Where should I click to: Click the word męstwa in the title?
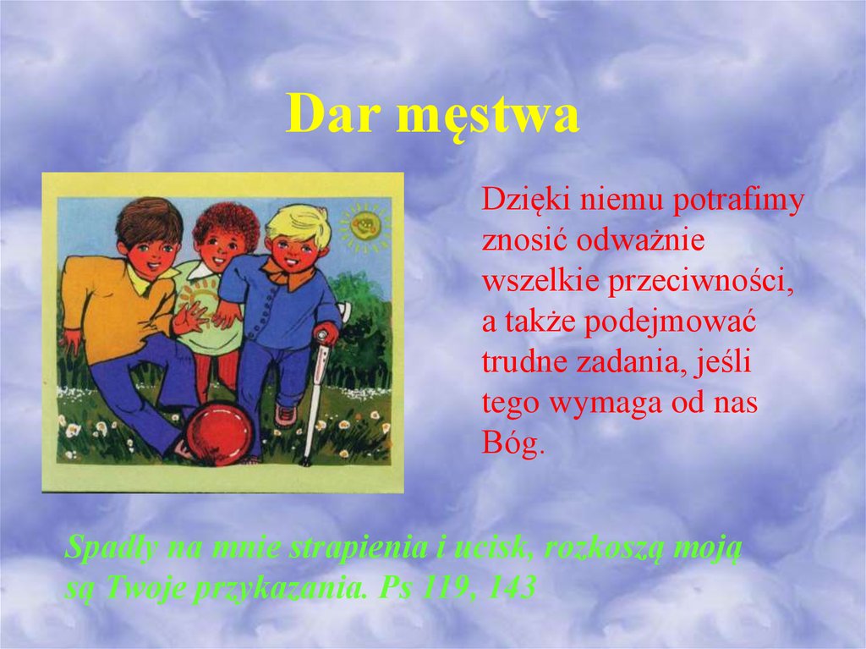[488, 118]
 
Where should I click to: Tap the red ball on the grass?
[219, 433]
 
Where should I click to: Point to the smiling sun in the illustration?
[364, 225]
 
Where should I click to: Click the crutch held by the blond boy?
[315, 389]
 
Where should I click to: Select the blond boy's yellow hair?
[298, 221]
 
